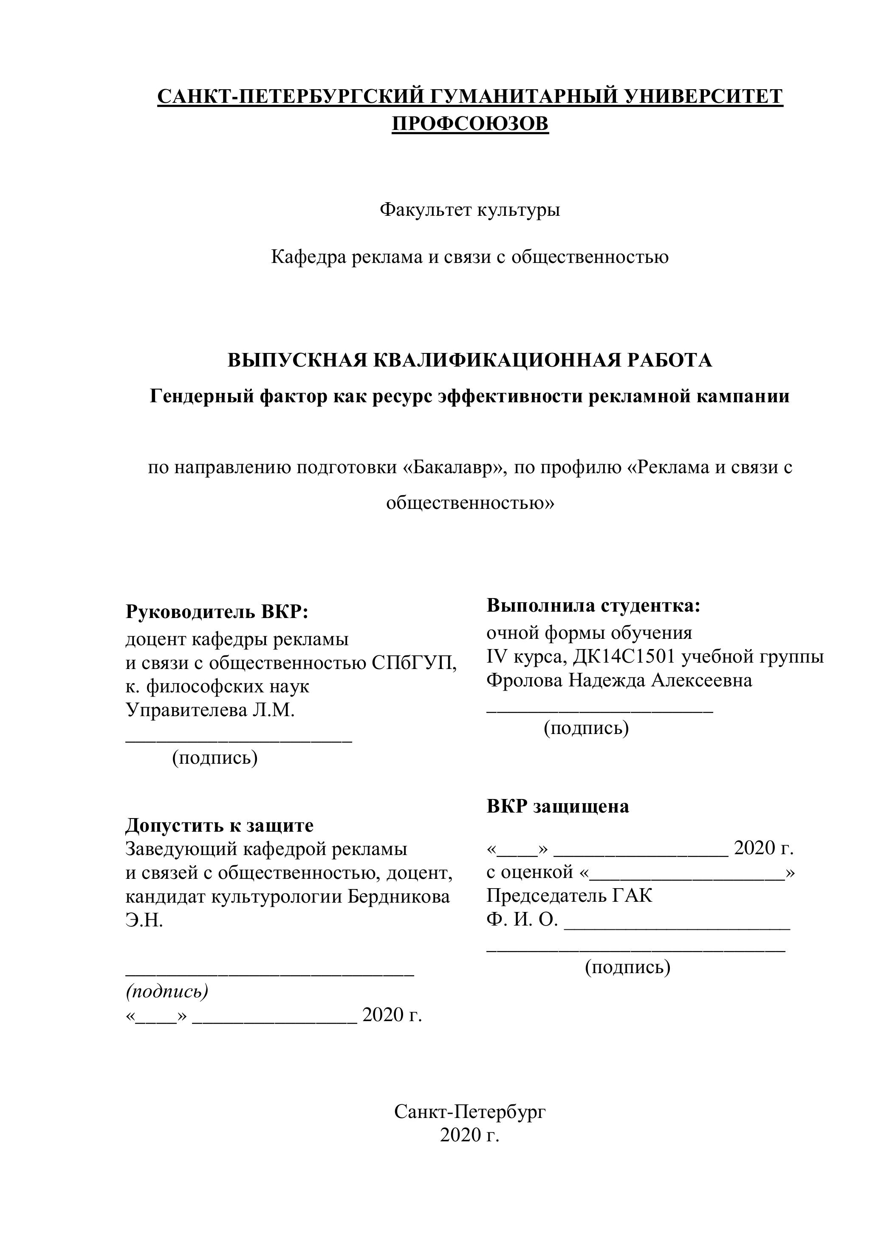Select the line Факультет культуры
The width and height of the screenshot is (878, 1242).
[x=469, y=209]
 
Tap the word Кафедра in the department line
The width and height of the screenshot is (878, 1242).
[x=308, y=257]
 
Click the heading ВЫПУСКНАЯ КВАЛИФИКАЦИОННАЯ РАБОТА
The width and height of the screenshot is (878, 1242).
[x=469, y=360]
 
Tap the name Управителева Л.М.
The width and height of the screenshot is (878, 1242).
[x=210, y=710]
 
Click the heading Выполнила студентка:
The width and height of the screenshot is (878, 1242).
[x=593, y=606]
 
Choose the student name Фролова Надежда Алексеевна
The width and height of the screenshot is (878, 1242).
[x=619, y=680]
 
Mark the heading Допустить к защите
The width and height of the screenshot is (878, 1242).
[x=219, y=825]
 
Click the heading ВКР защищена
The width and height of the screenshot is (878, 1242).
[x=558, y=807]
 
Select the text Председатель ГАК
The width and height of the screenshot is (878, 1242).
[x=569, y=896]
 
